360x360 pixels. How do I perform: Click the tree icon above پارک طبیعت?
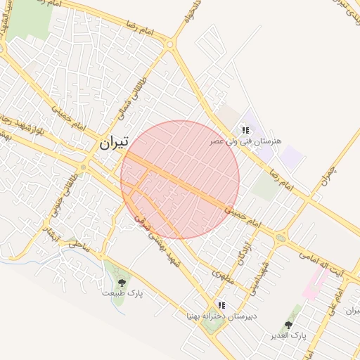(x=122, y=283)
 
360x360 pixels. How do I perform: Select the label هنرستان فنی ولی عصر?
(x=245, y=141)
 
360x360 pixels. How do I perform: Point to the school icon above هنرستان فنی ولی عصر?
(x=245, y=130)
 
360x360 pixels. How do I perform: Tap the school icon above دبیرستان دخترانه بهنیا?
(x=221, y=306)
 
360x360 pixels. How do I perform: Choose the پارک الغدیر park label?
(x=289, y=335)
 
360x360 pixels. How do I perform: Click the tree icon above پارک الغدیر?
(x=288, y=325)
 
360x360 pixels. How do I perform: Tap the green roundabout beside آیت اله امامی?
(x=282, y=238)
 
